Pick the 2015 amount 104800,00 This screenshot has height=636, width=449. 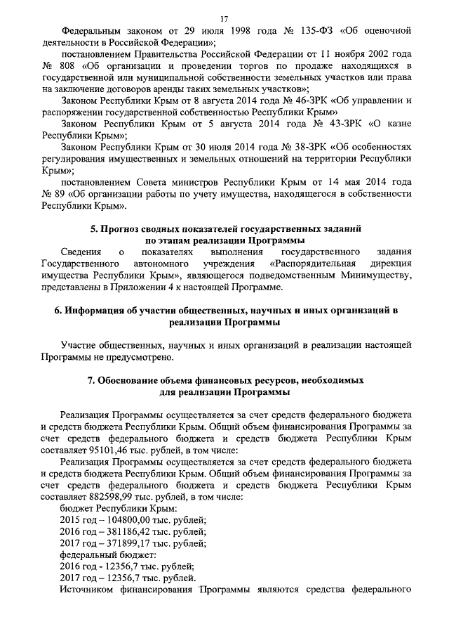pyautogui.click(x=121, y=520)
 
